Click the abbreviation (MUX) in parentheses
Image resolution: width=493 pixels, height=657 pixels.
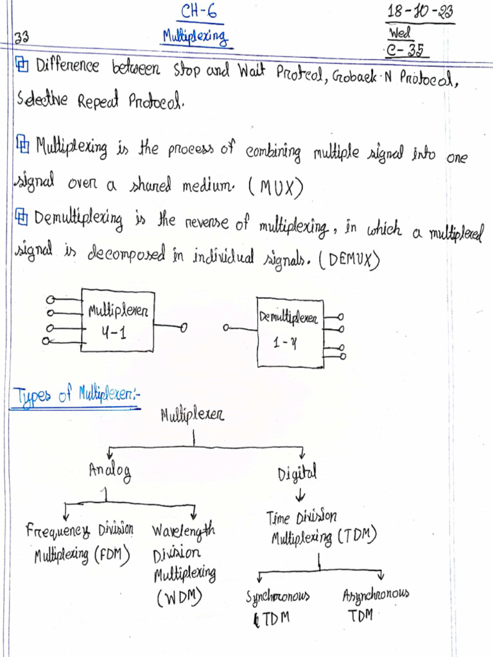click(x=274, y=188)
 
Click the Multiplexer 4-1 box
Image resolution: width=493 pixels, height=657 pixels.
click(x=117, y=320)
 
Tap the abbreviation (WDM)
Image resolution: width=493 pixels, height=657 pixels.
click(x=179, y=598)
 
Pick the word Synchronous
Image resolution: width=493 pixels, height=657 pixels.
click(x=278, y=597)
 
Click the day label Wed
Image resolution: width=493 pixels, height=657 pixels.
click(x=400, y=32)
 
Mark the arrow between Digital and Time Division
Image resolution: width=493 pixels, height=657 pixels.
click(x=301, y=496)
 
